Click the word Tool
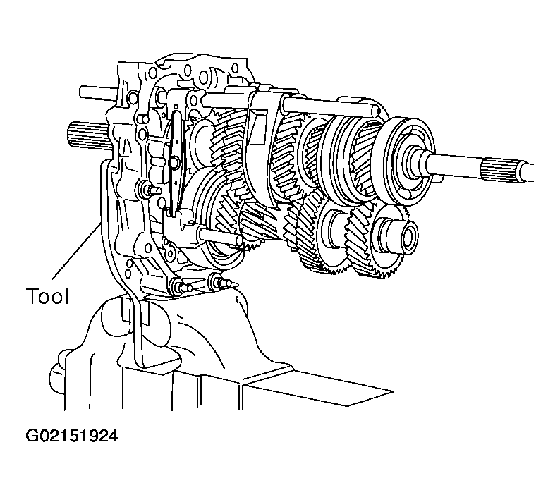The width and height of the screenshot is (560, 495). [x=47, y=296]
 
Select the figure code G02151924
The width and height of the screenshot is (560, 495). [x=72, y=436]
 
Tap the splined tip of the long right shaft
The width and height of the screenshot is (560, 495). [x=508, y=171]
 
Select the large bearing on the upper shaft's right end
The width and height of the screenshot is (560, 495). [x=410, y=161]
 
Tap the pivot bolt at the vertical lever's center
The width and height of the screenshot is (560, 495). [x=174, y=162]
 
